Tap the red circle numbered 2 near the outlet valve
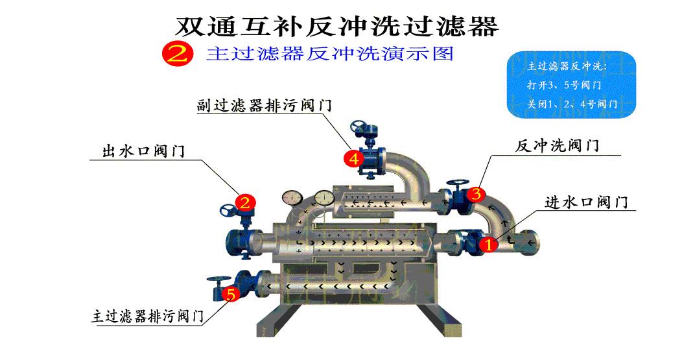pos(244,202)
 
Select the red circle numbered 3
pos(475,193)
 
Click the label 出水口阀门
pos(143,151)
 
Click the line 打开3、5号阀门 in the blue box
pos(564,85)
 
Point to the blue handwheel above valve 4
pos(359,126)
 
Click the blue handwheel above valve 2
pos(230,211)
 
